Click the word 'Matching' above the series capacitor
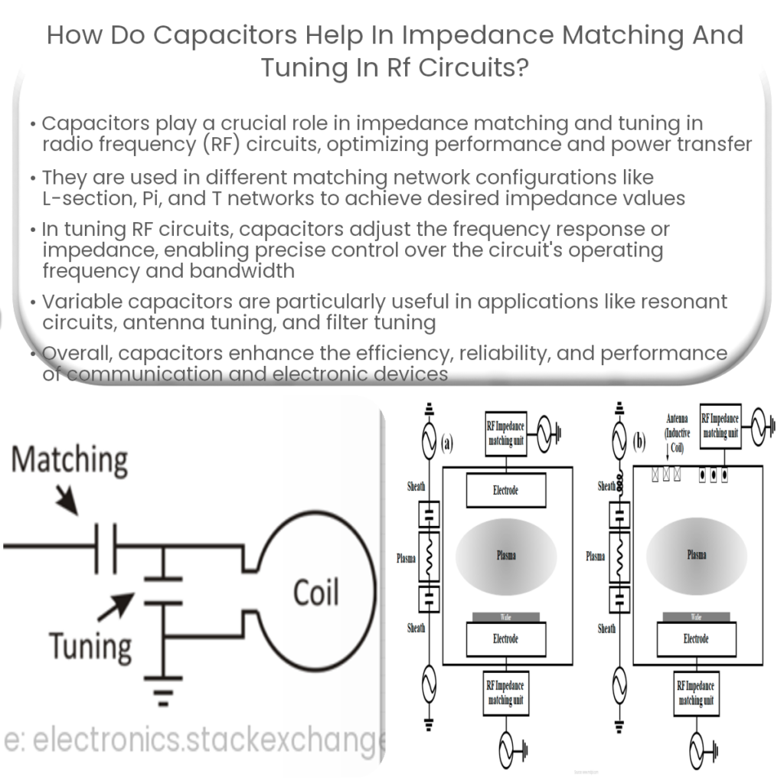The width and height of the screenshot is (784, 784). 70,461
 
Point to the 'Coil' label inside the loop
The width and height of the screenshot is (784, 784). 316,592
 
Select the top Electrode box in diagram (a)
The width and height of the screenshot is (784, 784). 505,490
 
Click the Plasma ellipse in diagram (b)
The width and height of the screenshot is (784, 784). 696,554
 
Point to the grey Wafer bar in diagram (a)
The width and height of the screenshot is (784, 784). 505,616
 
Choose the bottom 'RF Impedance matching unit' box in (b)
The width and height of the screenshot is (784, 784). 696,692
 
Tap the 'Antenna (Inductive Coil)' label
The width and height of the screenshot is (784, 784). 678,434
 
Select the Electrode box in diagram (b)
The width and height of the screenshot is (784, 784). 696,639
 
